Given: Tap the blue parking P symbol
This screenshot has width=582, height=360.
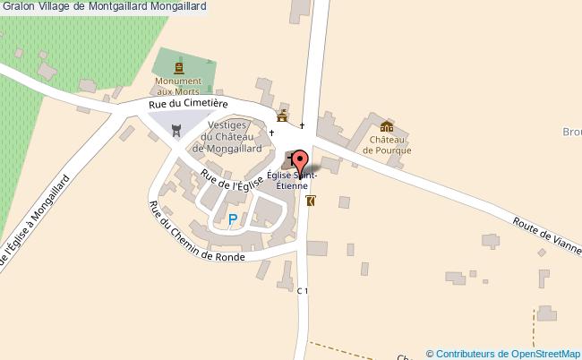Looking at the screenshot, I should [233, 219].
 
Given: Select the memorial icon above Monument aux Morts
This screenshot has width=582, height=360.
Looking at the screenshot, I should [179, 67].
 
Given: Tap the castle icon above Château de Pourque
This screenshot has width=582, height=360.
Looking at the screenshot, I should [386, 127].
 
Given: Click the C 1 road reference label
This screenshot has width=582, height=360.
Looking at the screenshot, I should [303, 290].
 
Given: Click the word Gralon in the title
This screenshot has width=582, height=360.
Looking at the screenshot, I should [20, 6].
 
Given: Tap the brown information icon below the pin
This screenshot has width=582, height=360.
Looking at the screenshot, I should [311, 201].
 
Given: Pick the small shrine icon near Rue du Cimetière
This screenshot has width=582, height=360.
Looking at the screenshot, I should [282, 116].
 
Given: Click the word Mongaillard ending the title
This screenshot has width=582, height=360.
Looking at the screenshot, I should [177, 6].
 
